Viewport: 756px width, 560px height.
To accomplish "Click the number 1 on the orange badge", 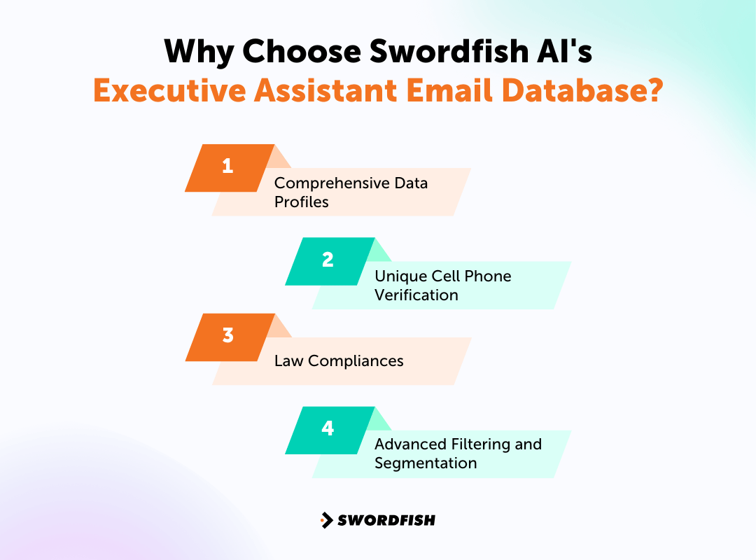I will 227,167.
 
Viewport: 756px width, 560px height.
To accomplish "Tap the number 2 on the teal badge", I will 328,260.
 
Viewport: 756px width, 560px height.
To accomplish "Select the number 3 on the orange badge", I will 227,335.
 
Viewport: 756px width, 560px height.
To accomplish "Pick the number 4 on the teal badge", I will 328,428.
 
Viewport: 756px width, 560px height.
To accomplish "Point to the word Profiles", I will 301,202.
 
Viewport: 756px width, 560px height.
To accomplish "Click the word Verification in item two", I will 416,295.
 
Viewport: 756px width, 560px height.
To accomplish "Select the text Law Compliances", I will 339,361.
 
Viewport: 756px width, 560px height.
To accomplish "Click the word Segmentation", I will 426,463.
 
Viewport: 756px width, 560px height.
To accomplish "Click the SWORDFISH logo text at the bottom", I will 386,520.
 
